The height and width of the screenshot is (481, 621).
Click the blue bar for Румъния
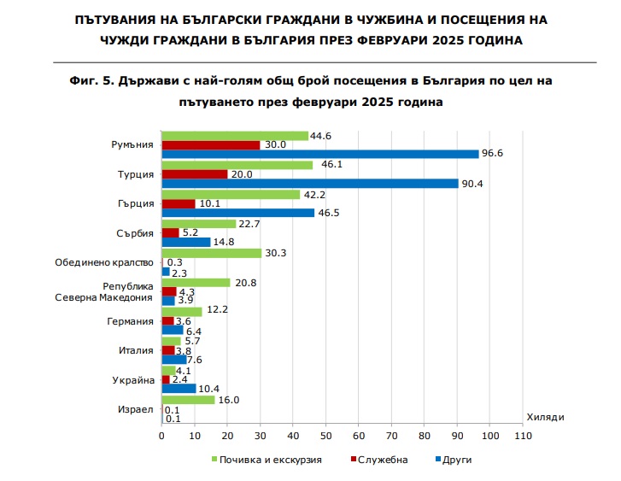(x=320, y=154)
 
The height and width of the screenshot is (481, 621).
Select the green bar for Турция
(x=237, y=164)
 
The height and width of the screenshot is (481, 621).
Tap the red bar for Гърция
(x=179, y=203)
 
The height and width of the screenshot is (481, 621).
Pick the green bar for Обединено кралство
(x=211, y=253)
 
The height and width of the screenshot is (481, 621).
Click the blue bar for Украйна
(x=179, y=389)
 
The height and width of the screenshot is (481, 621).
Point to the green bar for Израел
(x=188, y=399)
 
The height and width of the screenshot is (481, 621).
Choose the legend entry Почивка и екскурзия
(x=267, y=460)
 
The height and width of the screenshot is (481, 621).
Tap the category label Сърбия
(x=134, y=233)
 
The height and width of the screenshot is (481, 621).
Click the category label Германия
(x=132, y=321)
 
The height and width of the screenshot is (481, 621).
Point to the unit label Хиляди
(x=545, y=416)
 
